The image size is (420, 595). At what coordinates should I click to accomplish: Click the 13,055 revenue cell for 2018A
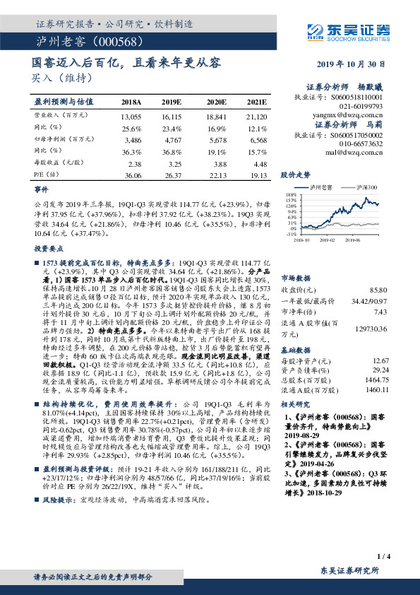pos(131,115)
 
